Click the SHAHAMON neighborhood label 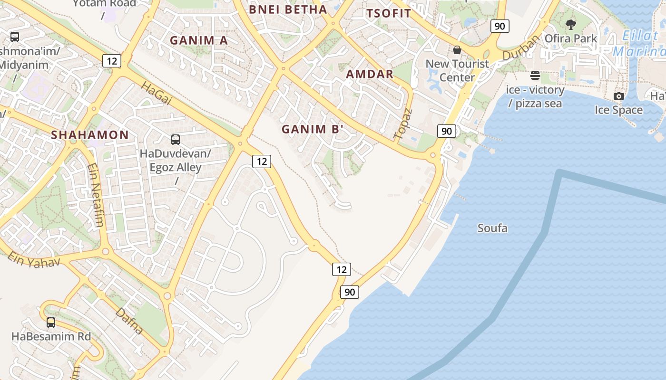coord(90,135)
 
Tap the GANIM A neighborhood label coord(199,40)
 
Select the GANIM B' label coord(312,129)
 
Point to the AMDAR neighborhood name coord(370,74)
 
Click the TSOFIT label coord(388,13)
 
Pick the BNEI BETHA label coord(288,9)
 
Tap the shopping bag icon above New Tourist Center coord(457,50)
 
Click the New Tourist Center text coord(457,70)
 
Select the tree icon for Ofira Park coord(571,24)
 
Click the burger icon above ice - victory coord(535,76)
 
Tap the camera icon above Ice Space coord(619,96)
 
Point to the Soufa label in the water coord(492,228)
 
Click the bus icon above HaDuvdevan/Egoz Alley coord(176,140)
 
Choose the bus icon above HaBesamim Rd coord(51,323)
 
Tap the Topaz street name coord(403,124)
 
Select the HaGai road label coord(156,93)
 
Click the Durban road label coord(522,47)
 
